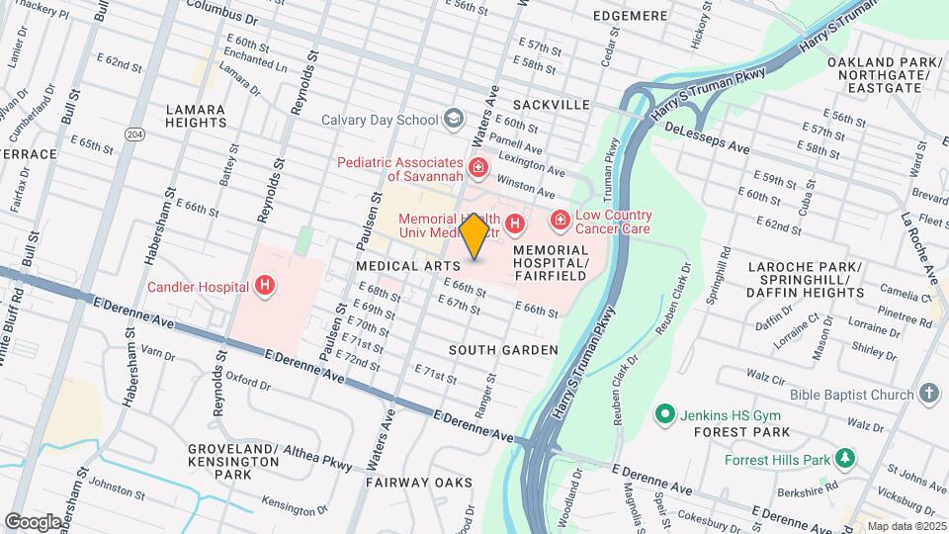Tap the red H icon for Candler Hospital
pos(264,287)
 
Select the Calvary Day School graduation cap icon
pos(454,119)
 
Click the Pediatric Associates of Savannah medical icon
pos(479,169)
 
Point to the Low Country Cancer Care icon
pos(560,220)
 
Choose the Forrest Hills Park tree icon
pos(844,458)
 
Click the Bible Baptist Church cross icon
pos(928,395)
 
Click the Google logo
pos(33,521)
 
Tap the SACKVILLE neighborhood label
pos(551,104)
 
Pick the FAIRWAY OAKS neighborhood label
pos(408,483)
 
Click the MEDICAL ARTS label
pos(408,266)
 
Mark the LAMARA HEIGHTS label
pos(196,116)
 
